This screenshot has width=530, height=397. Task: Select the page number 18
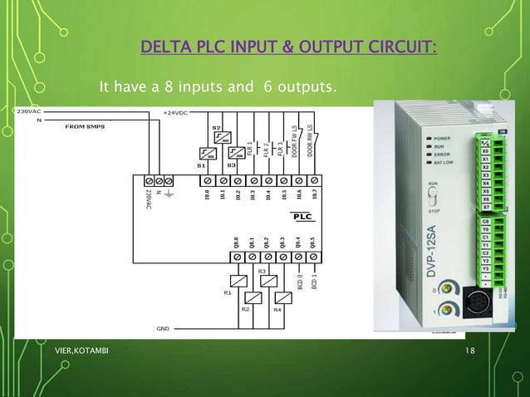click(470, 352)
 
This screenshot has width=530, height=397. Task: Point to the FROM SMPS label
click(87, 127)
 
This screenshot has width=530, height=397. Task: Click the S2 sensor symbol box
click(217, 140)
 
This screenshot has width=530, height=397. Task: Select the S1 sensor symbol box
click(206, 153)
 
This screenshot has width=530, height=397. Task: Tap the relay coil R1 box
click(238, 283)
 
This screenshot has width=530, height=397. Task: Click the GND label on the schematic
click(163, 328)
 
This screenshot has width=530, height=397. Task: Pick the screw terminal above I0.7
click(314, 179)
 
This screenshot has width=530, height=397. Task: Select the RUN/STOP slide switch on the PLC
click(433, 196)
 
